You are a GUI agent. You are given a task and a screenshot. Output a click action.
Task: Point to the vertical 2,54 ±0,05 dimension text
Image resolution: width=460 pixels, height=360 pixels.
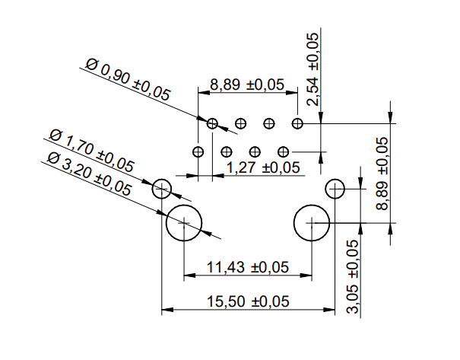[x=312, y=69]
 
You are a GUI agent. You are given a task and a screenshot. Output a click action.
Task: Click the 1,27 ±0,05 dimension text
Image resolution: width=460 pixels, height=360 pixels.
[x=263, y=167]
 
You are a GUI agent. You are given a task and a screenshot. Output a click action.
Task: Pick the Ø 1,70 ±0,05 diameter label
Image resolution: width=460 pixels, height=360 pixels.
[x=91, y=151]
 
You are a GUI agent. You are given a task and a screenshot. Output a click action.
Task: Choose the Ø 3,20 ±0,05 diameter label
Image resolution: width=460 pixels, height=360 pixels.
[x=87, y=173]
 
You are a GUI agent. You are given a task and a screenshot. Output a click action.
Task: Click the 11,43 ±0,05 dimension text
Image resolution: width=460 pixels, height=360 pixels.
[x=248, y=267]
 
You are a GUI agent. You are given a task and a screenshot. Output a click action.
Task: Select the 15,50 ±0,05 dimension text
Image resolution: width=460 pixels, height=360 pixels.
[x=249, y=301]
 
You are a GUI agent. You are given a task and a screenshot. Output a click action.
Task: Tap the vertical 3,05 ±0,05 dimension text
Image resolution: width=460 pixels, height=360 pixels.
[x=352, y=277]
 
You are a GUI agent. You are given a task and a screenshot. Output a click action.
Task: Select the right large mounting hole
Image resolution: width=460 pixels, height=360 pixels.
[x=312, y=221]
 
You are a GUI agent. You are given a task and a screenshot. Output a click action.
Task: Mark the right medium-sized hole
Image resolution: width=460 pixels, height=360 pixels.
[x=335, y=188]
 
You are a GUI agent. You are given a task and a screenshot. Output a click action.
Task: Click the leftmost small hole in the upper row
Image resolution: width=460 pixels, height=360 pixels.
[x=212, y=123]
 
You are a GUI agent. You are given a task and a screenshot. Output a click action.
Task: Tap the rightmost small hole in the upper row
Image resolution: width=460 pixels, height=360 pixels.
[x=297, y=123]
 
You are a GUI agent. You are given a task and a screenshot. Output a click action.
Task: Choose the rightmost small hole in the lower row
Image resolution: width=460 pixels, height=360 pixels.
[x=283, y=151]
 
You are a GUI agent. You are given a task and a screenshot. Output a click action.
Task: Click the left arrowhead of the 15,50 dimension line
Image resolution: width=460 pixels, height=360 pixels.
[x=166, y=311]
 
